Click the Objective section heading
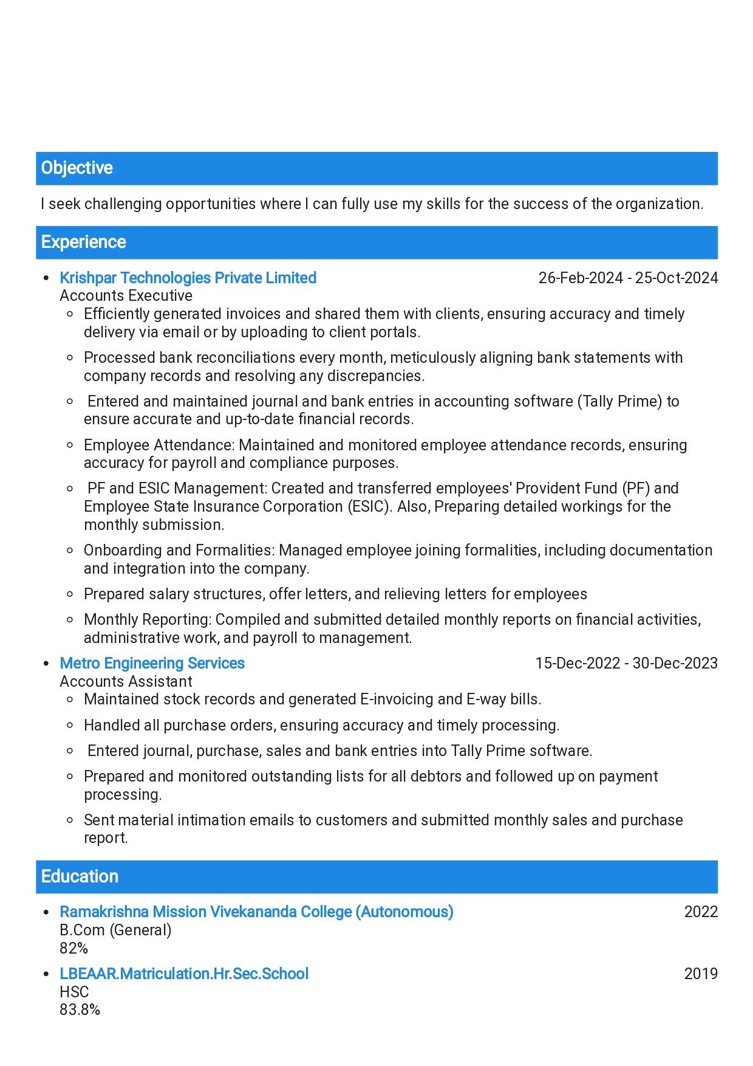(77, 168)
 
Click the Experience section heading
(84, 242)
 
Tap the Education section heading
(80, 876)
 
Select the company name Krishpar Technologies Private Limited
(188, 278)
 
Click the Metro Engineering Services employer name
(152, 663)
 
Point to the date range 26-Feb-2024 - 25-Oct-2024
(628, 278)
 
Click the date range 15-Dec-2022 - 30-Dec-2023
(626, 663)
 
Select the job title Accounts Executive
(126, 296)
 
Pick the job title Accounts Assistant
(126, 681)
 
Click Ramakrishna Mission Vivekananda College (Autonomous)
(257, 912)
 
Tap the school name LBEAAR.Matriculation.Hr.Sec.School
(184, 974)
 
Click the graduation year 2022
(701, 912)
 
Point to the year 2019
(701, 974)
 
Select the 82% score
(74, 948)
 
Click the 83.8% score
(80, 1009)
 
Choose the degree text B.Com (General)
(116, 930)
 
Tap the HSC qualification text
(74, 992)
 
